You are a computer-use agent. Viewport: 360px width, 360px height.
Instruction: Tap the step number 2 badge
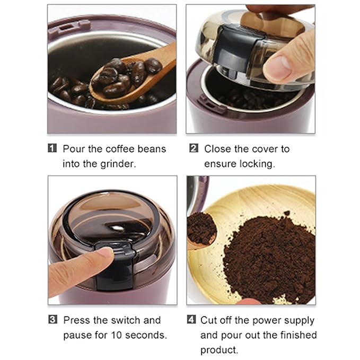[x=194, y=148]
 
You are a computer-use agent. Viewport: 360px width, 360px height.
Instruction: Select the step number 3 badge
[x=52, y=320]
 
